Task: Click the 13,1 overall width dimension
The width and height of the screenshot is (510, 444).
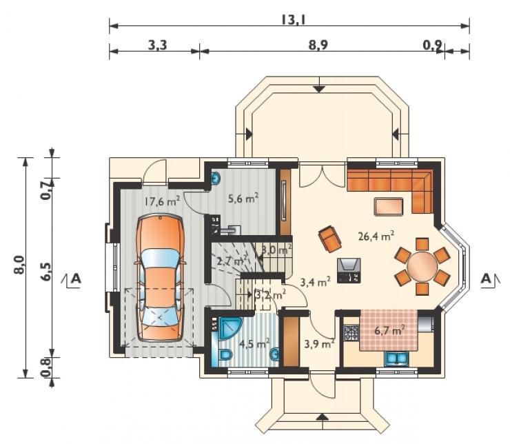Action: coord(293,20)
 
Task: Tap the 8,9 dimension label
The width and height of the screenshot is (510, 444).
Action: coord(318,46)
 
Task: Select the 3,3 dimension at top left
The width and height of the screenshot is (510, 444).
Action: coord(157,46)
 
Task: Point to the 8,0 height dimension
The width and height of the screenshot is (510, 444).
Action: coord(19,265)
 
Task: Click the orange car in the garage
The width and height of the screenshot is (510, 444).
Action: coord(159,279)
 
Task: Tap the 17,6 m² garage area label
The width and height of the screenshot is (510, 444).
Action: coord(162,201)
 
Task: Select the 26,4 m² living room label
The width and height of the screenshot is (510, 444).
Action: coord(376,236)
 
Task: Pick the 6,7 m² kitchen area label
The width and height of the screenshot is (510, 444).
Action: coord(389,331)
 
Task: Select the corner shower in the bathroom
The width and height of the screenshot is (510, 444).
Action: coord(229,328)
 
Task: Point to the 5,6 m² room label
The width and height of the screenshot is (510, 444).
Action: coord(243,198)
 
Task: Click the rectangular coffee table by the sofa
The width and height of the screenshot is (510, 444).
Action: coord(389,207)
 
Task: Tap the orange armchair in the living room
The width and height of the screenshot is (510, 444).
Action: coord(330,239)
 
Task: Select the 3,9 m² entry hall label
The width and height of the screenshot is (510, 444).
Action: coord(319,344)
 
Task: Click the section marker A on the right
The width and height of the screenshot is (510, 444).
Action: coord(486,279)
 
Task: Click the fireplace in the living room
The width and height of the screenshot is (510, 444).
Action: coord(349,271)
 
